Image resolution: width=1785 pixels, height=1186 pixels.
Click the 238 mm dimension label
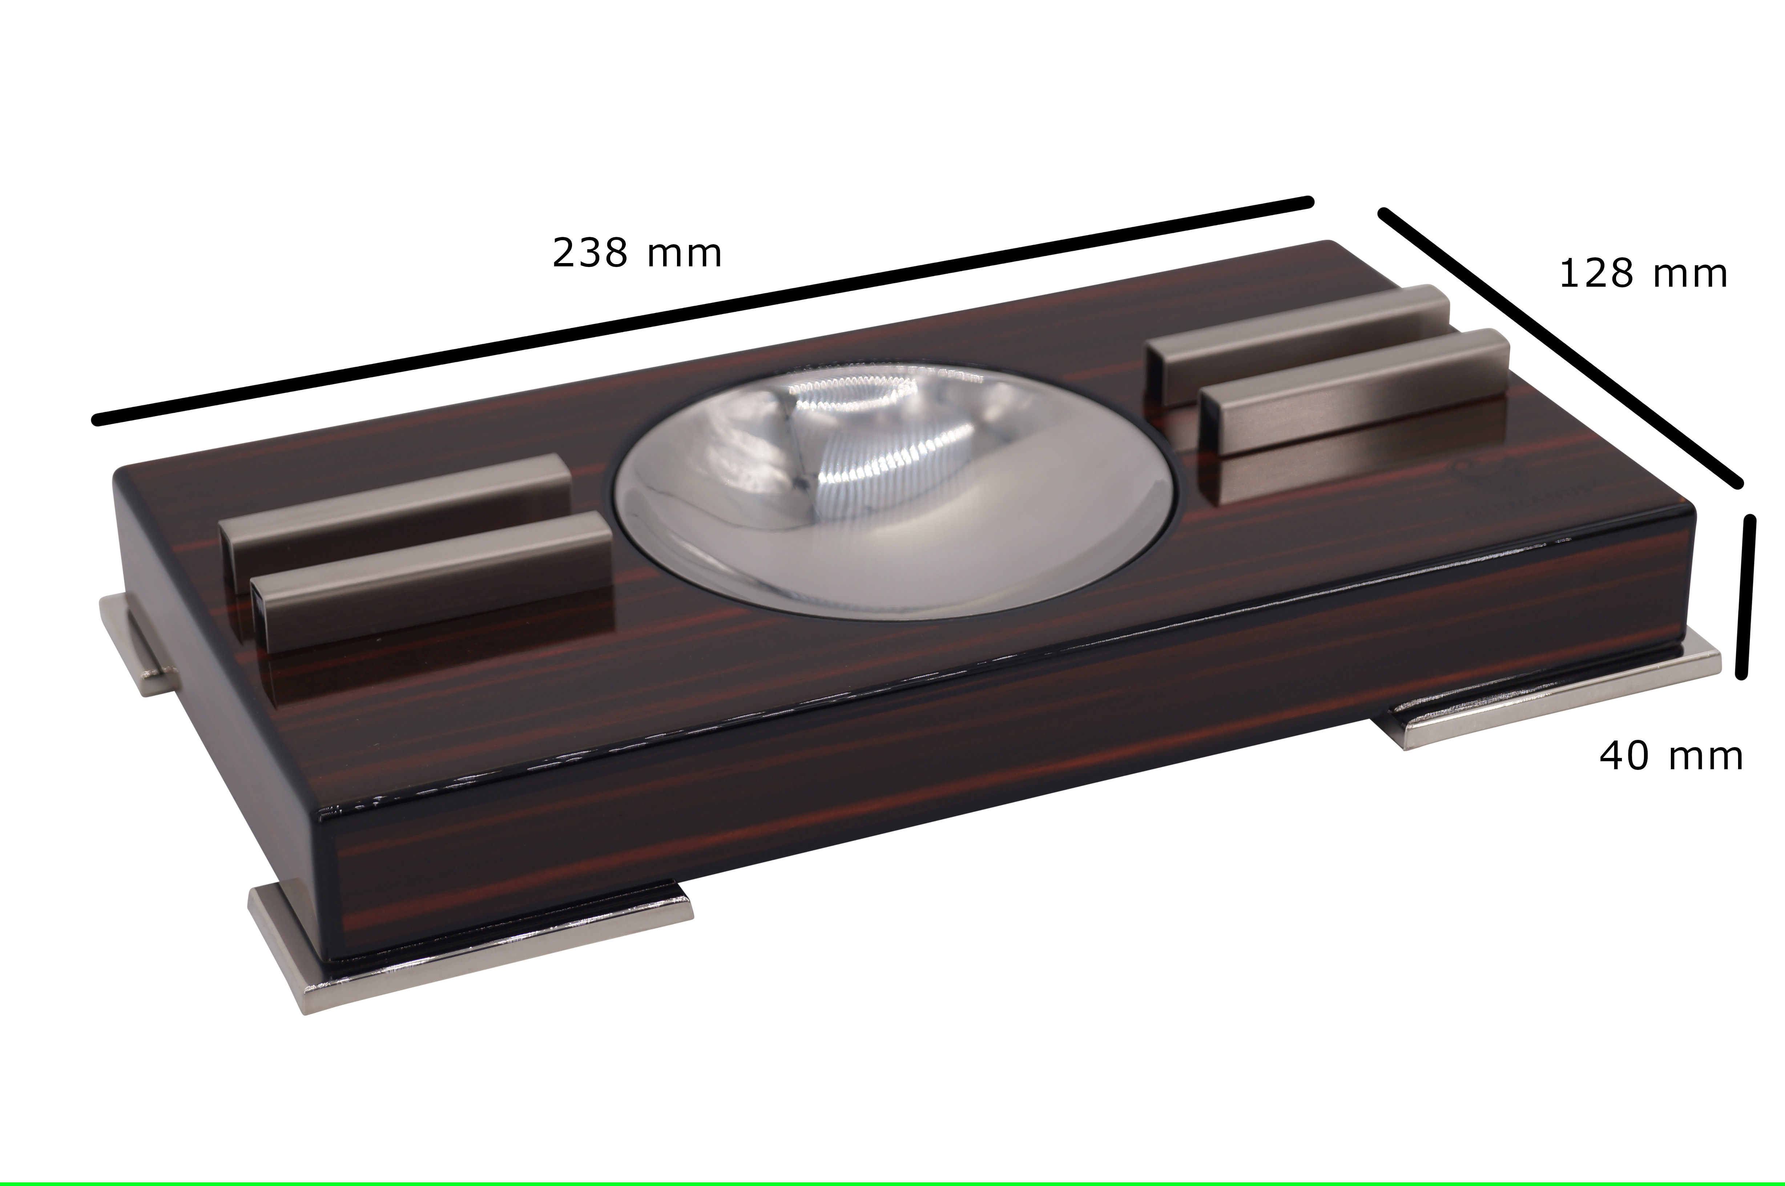[637, 253]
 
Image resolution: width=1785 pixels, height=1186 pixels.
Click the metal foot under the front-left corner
[469, 945]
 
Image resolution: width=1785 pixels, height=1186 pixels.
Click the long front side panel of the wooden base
[983, 757]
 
